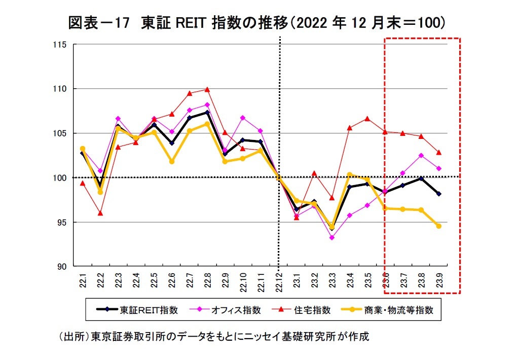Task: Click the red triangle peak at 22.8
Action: pyautogui.click(x=207, y=90)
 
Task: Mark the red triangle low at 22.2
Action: pyautogui.click(x=100, y=213)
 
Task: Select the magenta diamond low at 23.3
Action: pyautogui.click(x=331, y=237)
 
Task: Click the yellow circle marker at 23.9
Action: pyautogui.click(x=439, y=226)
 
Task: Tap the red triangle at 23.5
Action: pyautogui.click(x=367, y=119)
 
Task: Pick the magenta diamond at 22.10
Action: pyautogui.click(x=242, y=118)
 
